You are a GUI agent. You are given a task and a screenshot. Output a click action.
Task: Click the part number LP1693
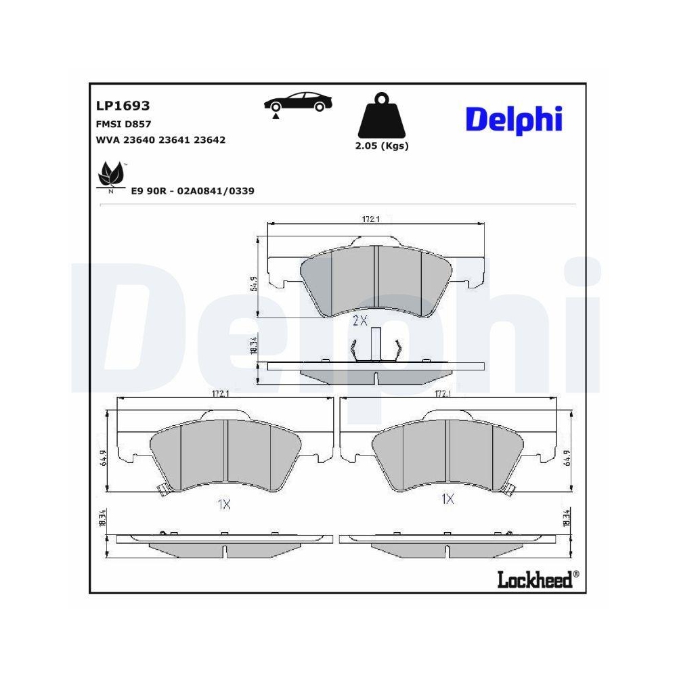[x=123, y=106]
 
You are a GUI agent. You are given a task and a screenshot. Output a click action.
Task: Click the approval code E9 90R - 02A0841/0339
[x=192, y=191]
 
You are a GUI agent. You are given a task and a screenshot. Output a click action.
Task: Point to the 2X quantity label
[x=359, y=320]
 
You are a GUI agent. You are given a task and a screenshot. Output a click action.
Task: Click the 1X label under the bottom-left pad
[x=224, y=504]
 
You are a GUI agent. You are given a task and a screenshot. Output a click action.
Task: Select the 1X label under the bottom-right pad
[x=447, y=499]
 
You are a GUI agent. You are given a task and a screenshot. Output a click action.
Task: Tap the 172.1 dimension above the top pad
[x=369, y=219]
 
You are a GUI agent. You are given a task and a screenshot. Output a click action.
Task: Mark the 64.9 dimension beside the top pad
[x=255, y=284]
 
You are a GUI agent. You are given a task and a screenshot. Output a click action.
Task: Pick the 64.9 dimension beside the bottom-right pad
[x=568, y=458]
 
